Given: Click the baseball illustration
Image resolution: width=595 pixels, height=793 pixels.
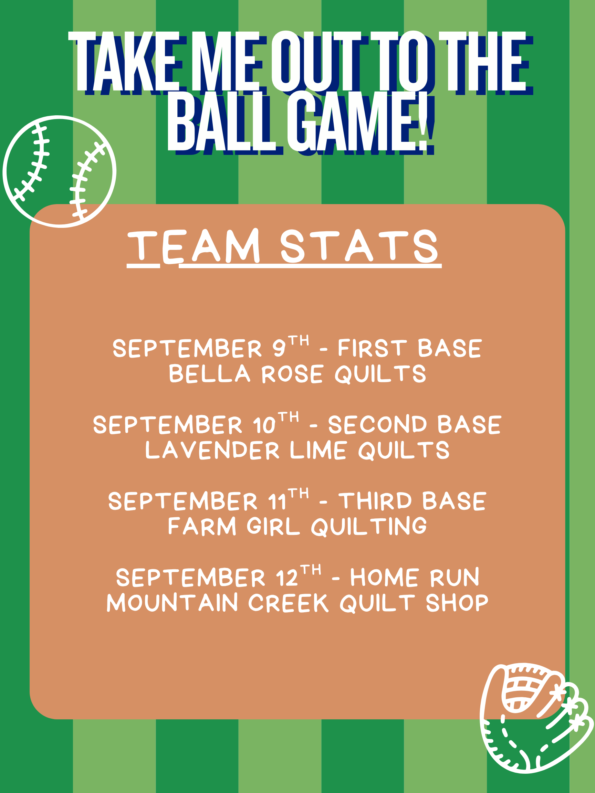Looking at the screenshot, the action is pos(60,171).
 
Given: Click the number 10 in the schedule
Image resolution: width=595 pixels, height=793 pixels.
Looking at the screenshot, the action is pos(264,425).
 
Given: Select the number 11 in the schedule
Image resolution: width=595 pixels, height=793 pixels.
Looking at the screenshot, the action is pos(277,501).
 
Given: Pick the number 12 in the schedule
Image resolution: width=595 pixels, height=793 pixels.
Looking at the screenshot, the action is pos(287,578).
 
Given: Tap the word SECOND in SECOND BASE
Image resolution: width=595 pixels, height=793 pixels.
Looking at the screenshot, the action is pos(378,424).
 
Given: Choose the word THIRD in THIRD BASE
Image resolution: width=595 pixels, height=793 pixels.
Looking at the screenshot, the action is pos(375,501).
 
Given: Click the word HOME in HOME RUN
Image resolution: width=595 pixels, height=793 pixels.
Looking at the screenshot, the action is pos(385,578).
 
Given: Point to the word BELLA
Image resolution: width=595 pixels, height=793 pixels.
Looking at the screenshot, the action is pos(209,373).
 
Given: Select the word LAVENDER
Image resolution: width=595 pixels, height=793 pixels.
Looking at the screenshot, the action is pos(212,450).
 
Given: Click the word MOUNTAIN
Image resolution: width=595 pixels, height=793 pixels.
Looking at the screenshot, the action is pos(173,603).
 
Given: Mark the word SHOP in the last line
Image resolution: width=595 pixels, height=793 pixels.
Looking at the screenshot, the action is pos(457,603).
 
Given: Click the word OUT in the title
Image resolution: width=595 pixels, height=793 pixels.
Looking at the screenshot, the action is pos(316,61).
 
